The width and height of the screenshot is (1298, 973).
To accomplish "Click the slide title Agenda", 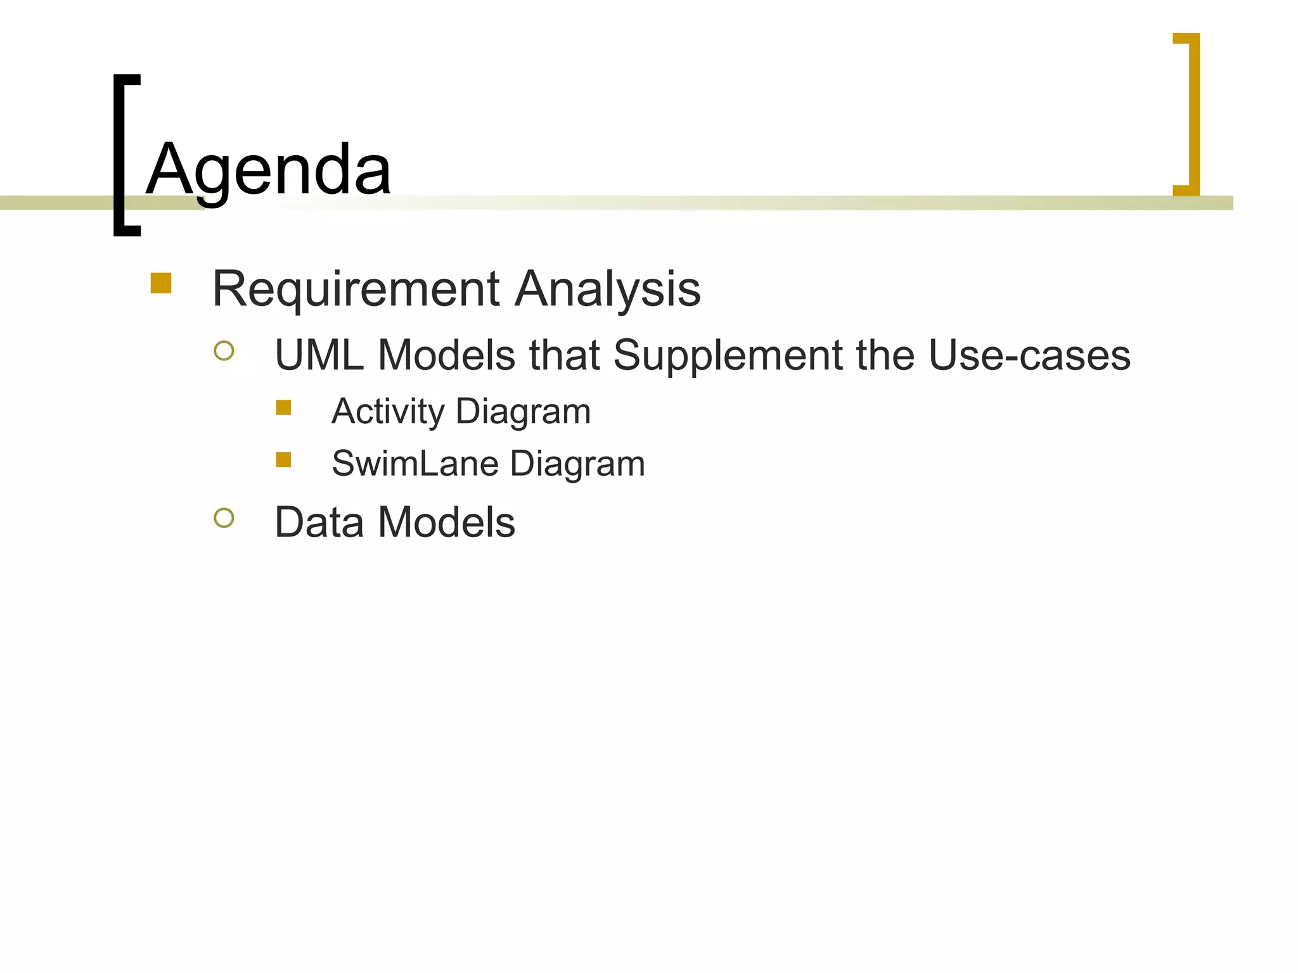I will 269,170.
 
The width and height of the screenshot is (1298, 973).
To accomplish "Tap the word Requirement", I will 356,289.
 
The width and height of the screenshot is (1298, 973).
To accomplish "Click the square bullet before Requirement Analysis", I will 161,283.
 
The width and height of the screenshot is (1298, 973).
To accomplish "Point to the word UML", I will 319,355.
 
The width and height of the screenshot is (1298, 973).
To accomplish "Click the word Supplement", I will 728,356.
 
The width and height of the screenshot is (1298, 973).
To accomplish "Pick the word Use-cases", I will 1029,355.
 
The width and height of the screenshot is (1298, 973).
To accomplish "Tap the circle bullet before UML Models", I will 224,350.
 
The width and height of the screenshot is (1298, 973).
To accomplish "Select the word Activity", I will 388,412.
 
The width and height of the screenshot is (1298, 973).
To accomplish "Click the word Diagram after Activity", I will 523,412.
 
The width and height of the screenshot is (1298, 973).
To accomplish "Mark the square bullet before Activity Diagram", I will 283,407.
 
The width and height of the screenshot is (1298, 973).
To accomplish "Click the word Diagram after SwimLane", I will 577,464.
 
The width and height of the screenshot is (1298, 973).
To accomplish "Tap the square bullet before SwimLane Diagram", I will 283,459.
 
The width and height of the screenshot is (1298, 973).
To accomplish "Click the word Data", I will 319,523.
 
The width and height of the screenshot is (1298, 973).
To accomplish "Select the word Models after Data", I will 446,523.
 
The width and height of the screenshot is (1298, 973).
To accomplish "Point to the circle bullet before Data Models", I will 224,518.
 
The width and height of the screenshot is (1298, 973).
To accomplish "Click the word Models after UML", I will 446,355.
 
